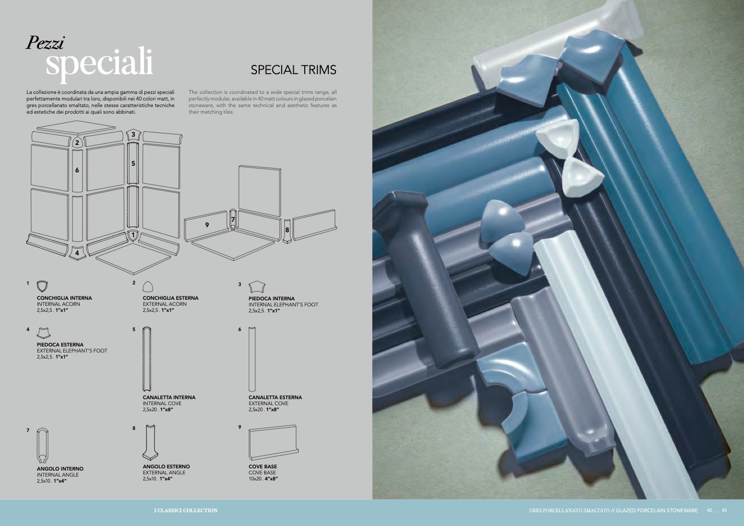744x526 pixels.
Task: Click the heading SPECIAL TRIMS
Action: tap(293, 70)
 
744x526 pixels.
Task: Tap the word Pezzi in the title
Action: tap(45, 43)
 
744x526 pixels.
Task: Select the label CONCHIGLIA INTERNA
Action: tap(64, 298)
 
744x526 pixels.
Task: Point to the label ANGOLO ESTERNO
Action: tap(166, 466)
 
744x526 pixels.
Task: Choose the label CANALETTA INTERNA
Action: tap(169, 397)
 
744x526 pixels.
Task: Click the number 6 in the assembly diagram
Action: tap(77, 170)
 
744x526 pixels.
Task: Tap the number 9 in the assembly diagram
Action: tap(207, 225)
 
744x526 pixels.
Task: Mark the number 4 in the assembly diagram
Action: tap(77, 253)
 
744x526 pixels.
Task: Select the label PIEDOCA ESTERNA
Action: tap(60, 344)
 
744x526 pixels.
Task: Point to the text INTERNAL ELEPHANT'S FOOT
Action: tap(283, 304)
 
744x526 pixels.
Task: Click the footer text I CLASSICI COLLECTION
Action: tap(186, 511)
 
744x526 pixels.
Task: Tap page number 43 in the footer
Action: tap(724, 510)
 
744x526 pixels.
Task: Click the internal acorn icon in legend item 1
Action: tap(42, 286)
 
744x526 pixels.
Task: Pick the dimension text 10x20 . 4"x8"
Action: tap(263, 479)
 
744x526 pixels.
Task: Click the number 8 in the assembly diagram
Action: tap(287, 230)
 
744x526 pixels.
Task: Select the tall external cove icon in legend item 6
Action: tap(252, 359)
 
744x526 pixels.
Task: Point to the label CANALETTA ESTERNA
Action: tap(275, 397)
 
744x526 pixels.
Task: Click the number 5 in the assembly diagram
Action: tap(133, 164)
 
